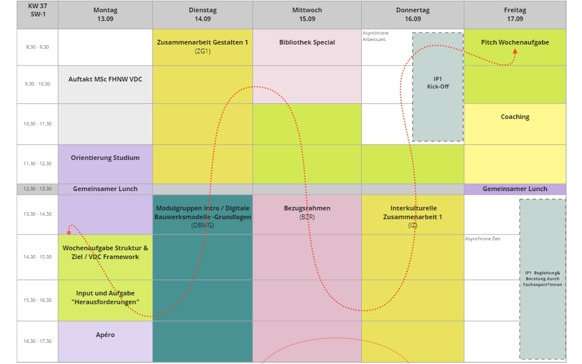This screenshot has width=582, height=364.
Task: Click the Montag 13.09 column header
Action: (x=105, y=15)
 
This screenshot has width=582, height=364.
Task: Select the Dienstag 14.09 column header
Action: (x=203, y=15)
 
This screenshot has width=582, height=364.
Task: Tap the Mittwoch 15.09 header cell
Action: (x=307, y=15)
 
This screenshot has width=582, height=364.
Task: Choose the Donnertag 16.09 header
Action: (x=413, y=15)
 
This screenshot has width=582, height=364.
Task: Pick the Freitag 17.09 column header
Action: (x=515, y=15)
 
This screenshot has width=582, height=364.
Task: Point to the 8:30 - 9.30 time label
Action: (x=37, y=47)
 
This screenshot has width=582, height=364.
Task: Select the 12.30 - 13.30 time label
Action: (x=37, y=189)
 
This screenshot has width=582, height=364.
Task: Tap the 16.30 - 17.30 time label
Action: (x=37, y=341)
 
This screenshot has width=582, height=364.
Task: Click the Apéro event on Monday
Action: (x=105, y=335)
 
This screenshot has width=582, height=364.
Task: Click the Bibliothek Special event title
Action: (x=307, y=42)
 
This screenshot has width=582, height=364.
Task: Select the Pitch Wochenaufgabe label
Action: (x=515, y=42)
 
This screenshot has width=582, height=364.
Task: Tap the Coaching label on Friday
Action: (x=515, y=117)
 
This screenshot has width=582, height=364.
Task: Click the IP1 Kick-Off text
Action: (x=438, y=83)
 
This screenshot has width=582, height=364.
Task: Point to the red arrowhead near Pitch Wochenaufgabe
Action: (x=515, y=52)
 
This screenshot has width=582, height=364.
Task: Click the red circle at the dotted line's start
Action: (x=69, y=232)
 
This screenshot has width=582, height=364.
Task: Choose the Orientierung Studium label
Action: (x=105, y=158)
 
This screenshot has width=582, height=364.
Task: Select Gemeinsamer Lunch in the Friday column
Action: (x=515, y=189)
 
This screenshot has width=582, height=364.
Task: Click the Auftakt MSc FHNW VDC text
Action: (x=105, y=79)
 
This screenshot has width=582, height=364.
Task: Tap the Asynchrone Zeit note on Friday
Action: (x=483, y=239)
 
